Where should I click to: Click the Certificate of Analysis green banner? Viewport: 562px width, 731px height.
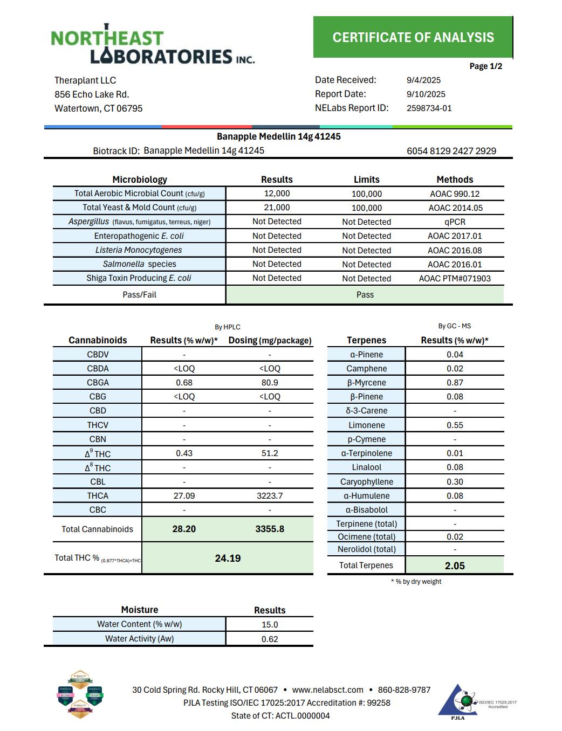413,37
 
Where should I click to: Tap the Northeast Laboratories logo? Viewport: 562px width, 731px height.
153,45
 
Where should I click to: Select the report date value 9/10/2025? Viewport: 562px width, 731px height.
426,94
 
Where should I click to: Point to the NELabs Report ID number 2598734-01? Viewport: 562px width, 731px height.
429,108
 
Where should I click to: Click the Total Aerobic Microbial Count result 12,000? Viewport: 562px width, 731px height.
277,194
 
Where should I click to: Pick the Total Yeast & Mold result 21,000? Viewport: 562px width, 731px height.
277,208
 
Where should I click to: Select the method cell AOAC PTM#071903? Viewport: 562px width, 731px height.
455,279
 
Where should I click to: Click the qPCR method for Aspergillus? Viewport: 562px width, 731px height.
455,222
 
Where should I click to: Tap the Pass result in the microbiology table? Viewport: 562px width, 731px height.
365,295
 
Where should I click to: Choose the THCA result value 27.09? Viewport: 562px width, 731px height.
184,496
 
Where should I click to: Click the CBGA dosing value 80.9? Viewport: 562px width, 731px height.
270,383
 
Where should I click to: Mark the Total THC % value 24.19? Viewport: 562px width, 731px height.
228,558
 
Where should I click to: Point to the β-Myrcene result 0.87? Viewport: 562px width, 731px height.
455,383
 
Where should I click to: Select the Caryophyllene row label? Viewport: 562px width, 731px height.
366,482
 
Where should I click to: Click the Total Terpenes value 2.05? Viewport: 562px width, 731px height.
455,566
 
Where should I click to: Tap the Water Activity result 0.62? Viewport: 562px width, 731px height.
270,639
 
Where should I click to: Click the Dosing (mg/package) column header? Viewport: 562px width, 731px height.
270,341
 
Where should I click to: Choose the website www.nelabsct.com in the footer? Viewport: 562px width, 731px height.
327,690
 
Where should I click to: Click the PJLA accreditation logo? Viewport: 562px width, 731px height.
458,701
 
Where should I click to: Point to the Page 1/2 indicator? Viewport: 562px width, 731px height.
485,66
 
